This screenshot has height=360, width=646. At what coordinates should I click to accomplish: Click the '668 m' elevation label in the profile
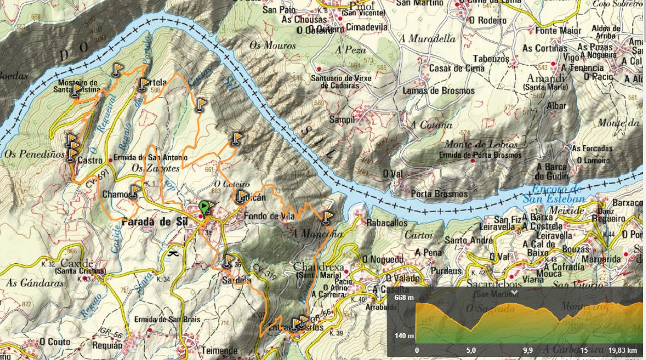[403, 297]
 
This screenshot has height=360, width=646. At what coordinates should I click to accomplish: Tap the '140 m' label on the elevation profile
[403, 336]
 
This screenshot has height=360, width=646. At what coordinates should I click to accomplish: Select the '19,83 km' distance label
[624, 350]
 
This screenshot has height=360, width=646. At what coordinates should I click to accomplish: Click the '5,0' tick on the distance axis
[471, 350]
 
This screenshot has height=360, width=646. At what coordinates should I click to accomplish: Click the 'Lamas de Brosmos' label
[438, 91]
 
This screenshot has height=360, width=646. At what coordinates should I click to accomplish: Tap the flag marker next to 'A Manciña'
[327, 217]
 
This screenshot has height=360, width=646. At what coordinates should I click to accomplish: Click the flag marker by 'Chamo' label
[134, 191]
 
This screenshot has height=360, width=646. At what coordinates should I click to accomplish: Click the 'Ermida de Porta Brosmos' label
[480, 155]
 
